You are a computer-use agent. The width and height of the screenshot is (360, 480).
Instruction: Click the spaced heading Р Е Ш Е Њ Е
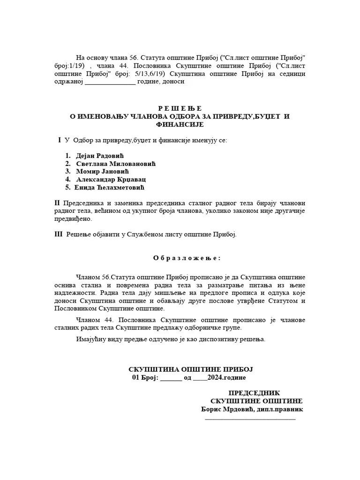(180, 108)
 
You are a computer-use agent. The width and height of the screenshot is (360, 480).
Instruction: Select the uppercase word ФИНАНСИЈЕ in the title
(180, 124)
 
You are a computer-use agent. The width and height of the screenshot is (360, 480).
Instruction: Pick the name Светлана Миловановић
(115, 164)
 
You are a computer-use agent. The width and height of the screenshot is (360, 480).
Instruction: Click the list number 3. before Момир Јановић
(68, 172)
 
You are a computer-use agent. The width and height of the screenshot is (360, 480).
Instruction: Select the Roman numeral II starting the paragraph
(58, 203)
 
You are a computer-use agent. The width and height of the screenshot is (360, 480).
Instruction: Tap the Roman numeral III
(59, 234)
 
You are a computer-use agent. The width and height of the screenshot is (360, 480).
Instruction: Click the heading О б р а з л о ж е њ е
(187, 258)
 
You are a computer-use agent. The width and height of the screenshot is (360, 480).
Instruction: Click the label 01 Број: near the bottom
(145, 378)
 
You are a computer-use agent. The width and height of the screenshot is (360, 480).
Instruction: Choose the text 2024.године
(225, 378)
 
